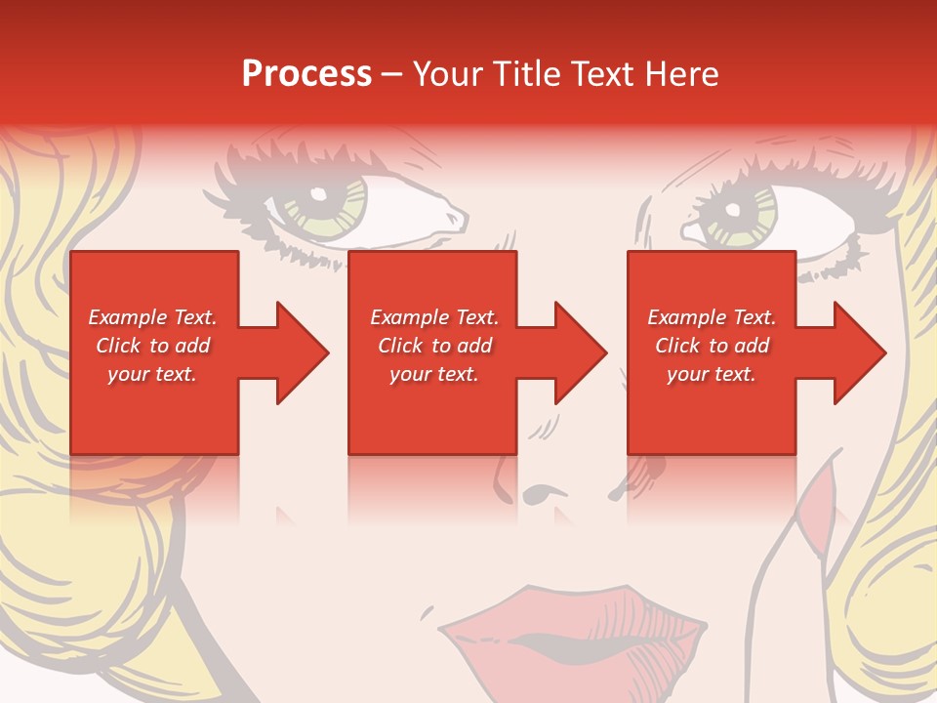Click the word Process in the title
click(x=306, y=74)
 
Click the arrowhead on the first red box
click(x=293, y=352)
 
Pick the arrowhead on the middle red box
click(x=571, y=352)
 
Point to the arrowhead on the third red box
click(x=850, y=352)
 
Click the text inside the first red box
click(x=152, y=346)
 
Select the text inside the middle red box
click(x=433, y=346)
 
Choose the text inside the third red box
click(x=712, y=346)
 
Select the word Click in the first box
click(x=120, y=346)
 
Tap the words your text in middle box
click(x=433, y=374)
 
